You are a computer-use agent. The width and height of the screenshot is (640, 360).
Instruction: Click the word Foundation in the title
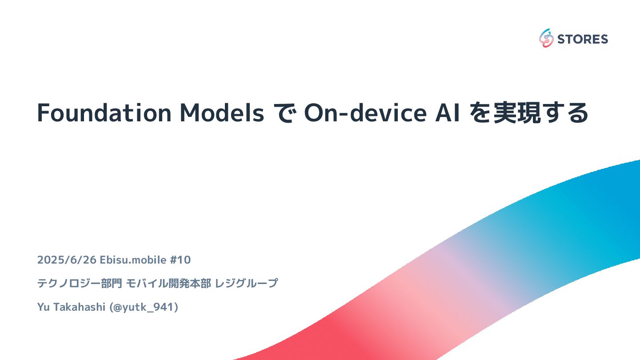coord(104,113)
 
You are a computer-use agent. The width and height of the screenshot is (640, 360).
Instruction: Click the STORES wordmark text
coord(582,39)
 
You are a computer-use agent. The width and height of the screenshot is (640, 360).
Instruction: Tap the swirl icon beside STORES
coord(546,39)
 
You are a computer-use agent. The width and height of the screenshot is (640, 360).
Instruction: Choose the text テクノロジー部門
coord(80,283)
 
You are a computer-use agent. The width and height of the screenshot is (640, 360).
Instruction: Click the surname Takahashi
coord(74,307)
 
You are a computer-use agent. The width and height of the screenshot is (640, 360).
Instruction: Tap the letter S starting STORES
coord(560,39)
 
